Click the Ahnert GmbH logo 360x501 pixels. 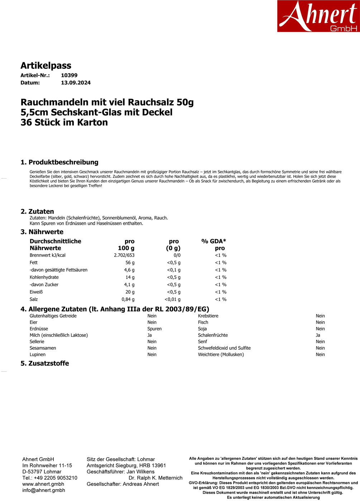(x=318, y=16)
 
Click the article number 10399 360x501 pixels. (x=69, y=75)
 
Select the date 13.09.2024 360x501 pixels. (x=76, y=83)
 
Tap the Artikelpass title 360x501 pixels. (x=46, y=65)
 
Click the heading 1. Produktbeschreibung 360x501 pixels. (x=59, y=162)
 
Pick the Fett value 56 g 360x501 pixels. (x=130, y=263)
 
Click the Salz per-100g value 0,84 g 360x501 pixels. (x=128, y=299)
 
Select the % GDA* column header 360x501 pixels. (x=214, y=241)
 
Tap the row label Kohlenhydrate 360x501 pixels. (x=44, y=277)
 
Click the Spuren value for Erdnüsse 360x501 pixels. (x=154, y=329)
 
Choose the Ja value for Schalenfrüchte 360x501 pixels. (x=318, y=335)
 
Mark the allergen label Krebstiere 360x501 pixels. (x=208, y=316)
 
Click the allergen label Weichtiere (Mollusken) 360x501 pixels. (x=221, y=355)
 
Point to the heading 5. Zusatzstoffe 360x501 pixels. (x=45, y=363)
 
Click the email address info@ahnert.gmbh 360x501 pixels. (x=44, y=490)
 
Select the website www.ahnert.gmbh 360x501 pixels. (x=43, y=484)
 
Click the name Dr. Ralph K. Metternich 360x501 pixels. (x=155, y=478)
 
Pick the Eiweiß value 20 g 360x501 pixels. (x=130, y=292)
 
